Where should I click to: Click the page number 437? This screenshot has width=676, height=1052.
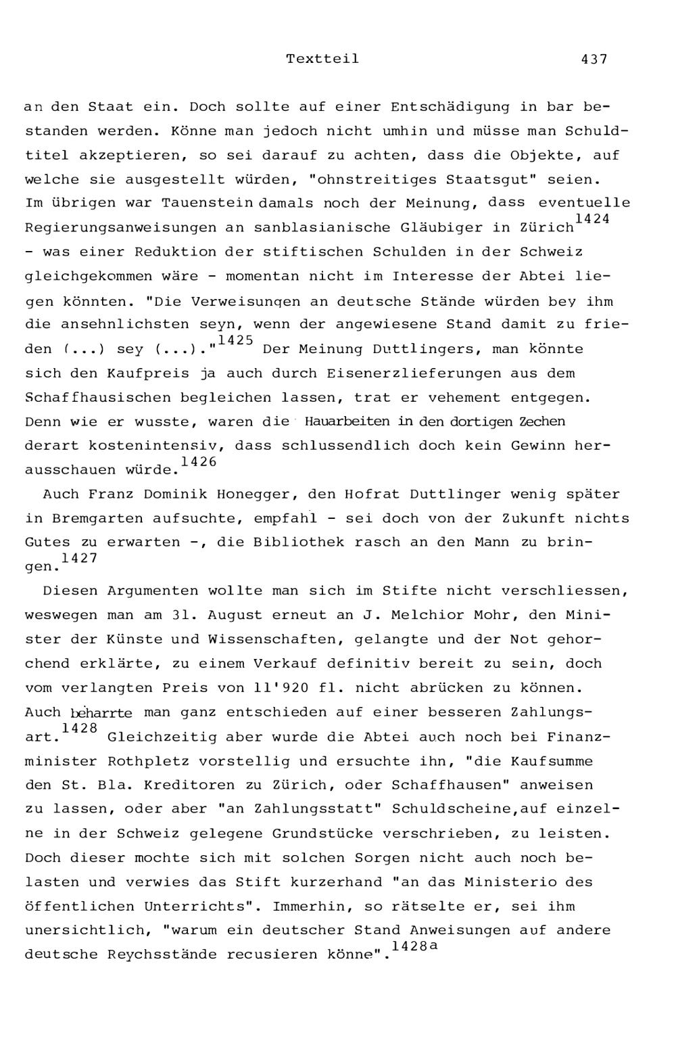(x=594, y=59)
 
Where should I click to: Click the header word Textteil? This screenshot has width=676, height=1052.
(x=322, y=59)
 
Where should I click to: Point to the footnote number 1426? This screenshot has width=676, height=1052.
(x=199, y=461)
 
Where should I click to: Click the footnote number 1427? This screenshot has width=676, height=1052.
(x=79, y=558)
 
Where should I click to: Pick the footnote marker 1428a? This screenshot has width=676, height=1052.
(x=414, y=946)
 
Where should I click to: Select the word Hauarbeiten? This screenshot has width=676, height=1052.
(x=347, y=421)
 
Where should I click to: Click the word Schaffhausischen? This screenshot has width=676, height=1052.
(x=97, y=398)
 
